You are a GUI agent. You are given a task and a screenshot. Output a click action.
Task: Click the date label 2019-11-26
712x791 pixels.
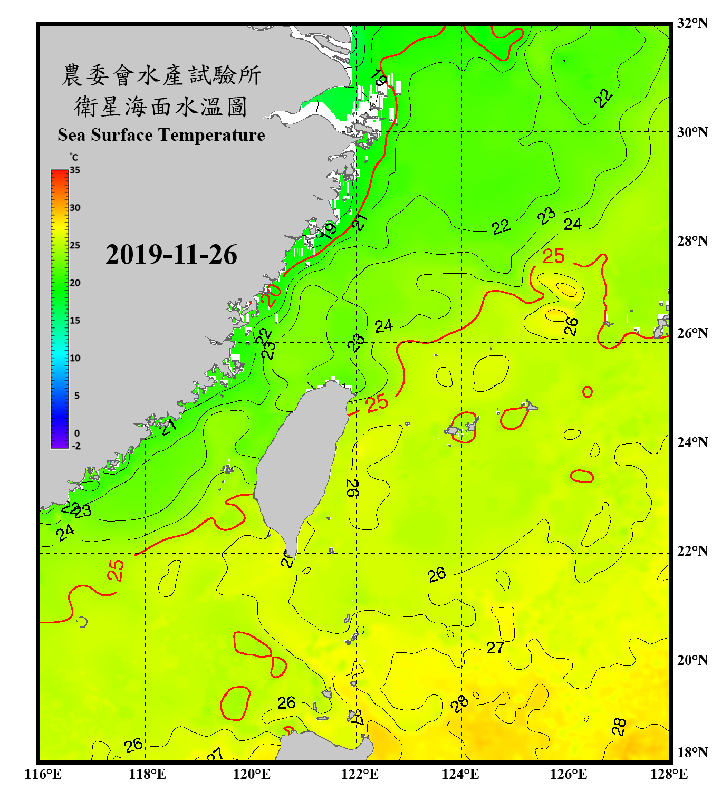point(171,255)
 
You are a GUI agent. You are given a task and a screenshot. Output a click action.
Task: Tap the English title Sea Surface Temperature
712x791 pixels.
point(161,135)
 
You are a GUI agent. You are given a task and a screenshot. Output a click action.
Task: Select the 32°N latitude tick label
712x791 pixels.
point(692,23)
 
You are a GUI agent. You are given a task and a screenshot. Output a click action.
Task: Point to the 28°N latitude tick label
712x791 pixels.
point(692,241)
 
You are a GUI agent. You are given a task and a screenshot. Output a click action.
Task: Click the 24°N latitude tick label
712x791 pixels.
point(692,442)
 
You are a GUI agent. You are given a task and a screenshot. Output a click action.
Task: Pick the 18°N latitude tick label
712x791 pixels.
point(692,753)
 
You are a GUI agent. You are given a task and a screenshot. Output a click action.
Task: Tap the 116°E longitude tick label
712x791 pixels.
point(43,774)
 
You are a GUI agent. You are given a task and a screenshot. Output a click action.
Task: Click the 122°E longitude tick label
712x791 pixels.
point(360,774)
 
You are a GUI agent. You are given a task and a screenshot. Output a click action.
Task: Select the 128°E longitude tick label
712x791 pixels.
point(669,774)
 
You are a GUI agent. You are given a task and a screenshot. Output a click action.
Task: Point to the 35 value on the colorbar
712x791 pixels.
point(75,170)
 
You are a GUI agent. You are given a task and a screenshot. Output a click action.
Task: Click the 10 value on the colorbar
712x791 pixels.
point(75,358)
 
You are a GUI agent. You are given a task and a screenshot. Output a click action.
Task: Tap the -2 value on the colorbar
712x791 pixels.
point(76,446)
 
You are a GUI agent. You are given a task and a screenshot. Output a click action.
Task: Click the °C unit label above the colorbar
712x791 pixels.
point(73,157)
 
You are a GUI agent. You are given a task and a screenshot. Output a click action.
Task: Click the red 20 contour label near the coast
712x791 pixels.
point(273,295)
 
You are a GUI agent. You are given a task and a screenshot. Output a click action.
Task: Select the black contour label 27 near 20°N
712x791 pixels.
point(495,648)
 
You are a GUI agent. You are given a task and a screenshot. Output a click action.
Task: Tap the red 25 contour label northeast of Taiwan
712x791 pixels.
point(377,404)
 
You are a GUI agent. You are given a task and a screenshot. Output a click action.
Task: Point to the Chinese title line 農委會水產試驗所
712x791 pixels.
point(161,75)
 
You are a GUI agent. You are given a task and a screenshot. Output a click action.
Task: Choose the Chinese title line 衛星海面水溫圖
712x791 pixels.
point(161,107)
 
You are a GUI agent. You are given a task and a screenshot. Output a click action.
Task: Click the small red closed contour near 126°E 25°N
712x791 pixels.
point(587,391)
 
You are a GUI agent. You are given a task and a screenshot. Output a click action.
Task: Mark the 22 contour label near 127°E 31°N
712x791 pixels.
point(603,98)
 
